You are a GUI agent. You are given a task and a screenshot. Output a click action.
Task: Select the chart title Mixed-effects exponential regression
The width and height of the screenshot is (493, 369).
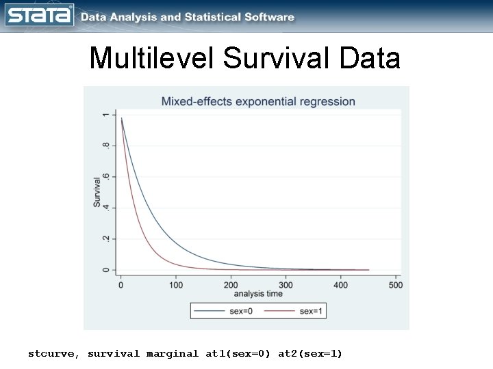[x=258, y=102]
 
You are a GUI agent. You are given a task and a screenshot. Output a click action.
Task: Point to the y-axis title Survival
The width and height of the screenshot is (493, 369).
[x=97, y=193]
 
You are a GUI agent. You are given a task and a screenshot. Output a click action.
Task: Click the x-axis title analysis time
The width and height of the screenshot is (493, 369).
[x=258, y=295]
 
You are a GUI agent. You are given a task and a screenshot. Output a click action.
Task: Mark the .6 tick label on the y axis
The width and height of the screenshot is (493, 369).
[x=105, y=176]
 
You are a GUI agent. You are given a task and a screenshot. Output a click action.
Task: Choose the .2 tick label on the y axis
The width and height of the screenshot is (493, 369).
[x=105, y=238]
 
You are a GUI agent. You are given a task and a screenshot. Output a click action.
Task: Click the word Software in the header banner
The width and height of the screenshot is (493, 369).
[x=268, y=17]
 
